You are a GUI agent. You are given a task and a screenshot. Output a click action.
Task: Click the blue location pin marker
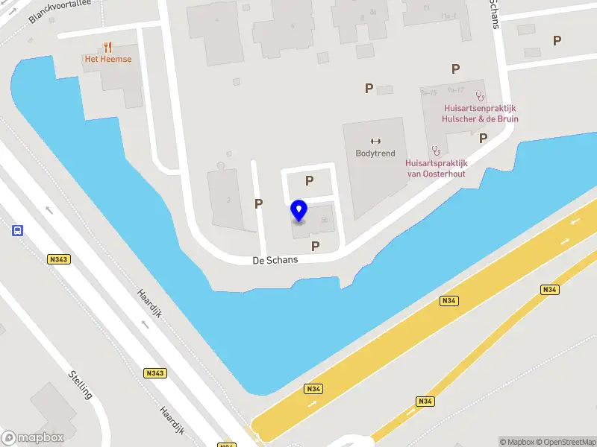coord(299,210)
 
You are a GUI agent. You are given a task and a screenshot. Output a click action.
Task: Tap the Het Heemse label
coord(108,59)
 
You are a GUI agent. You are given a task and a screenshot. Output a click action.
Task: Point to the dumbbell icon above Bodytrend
coord(375,140)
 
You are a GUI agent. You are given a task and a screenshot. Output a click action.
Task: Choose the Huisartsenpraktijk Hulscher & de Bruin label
coord(480,113)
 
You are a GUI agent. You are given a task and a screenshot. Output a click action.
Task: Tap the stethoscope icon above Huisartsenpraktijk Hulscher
coord(480,96)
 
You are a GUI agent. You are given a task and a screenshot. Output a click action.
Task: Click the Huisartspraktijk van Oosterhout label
coord(436,168)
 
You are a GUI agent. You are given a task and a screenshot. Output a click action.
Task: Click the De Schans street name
coord(275,260)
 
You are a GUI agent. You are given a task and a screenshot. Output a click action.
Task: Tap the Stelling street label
coord(80,384)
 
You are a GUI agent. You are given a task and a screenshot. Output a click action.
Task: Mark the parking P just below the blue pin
coord(316,245)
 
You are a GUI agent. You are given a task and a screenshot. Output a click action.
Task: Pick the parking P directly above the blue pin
coord(309,180)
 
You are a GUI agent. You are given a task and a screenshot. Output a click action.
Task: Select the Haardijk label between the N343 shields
coord(149,303)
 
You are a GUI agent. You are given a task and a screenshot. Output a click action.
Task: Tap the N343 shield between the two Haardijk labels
coord(155,372)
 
